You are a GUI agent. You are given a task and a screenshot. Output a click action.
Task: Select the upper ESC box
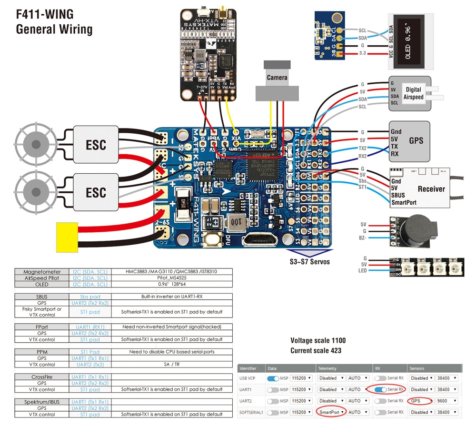[96, 144]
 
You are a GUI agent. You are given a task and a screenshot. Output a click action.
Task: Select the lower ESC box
[96, 193]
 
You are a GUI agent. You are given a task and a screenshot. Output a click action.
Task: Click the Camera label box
[277, 78]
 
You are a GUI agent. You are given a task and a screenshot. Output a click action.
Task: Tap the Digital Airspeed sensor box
[410, 92]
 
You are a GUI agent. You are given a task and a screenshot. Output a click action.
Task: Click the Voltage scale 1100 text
[318, 341]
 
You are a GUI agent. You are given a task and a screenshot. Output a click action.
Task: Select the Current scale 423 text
[316, 351]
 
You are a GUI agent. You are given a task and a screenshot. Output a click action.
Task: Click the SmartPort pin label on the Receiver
[404, 202]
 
